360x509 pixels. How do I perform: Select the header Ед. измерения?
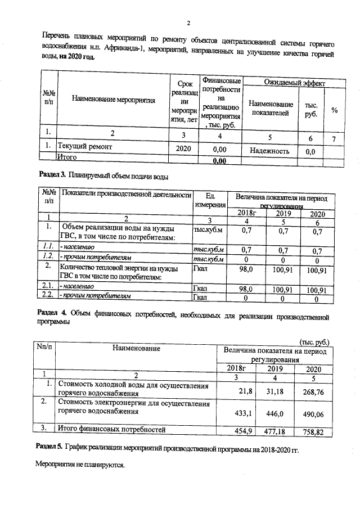pyautogui.click(x=210, y=200)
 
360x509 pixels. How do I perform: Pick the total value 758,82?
pyautogui.click(x=314, y=431)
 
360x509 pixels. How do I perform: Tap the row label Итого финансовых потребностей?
pyautogui.click(x=112, y=430)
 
